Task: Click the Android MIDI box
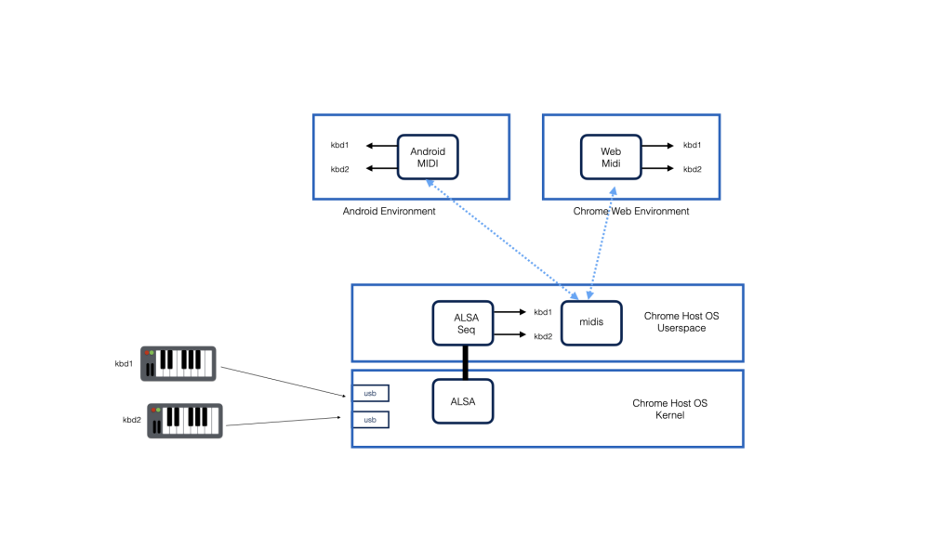coord(428,157)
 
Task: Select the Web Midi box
coord(611,157)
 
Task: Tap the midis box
coord(591,322)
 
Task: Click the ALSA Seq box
coord(463,323)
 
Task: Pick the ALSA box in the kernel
coord(463,401)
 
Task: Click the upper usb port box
coord(370,393)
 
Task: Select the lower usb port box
coord(370,420)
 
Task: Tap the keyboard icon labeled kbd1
coord(178,364)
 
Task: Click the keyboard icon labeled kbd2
coord(185,421)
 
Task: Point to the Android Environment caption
coord(389,211)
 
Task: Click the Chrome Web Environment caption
coord(631,211)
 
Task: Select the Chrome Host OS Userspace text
coord(681,322)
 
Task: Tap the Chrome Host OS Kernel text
coord(669,409)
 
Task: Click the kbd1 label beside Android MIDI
coord(339,145)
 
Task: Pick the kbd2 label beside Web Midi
coord(692,169)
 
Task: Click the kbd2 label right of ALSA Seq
coord(543,336)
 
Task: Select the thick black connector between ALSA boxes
coord(465,363)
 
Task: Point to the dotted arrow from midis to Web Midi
coord(602,243)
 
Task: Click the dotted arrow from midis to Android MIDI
coord(502,240)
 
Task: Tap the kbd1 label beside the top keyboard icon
coord(124,364)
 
